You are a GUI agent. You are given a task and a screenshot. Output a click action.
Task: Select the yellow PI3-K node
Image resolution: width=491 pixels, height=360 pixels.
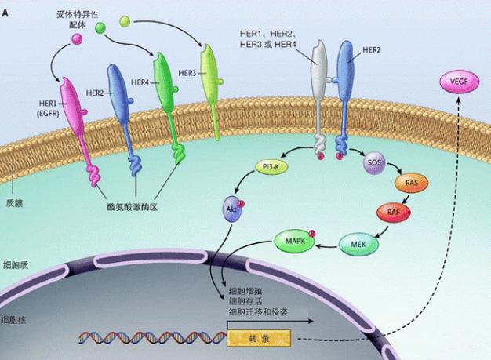[x=269, y=167]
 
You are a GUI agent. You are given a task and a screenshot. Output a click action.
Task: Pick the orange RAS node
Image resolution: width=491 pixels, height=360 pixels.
[x=412, y=184]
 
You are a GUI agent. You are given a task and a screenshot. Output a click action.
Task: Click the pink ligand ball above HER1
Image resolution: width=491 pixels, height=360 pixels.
[x=78, y=37]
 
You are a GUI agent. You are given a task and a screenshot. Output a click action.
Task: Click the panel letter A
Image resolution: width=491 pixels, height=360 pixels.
[x=6, y=7]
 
